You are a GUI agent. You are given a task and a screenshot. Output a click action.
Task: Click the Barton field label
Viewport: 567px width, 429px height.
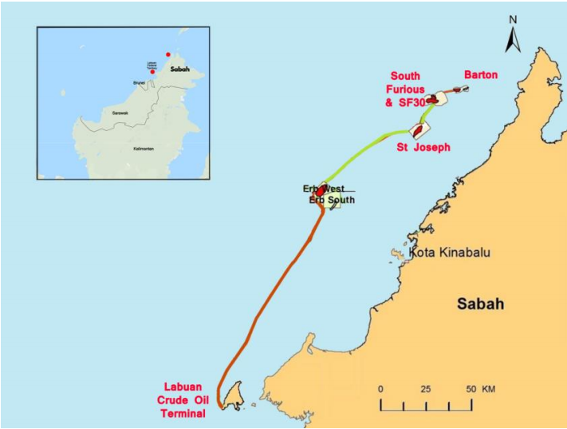point(481,75)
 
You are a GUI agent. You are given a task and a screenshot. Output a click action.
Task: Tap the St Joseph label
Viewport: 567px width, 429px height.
point(423,147)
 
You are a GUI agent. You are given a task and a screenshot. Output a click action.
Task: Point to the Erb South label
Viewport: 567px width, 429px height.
point(332,200)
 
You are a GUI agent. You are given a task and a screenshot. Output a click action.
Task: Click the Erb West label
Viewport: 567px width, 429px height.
point(321,189)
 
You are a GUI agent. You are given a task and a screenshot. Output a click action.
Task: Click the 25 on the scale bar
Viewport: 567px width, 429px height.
point(425,388)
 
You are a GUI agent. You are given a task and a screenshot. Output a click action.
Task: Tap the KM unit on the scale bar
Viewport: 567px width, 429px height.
point(488,388)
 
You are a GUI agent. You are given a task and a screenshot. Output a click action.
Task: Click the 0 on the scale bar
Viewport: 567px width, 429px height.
point(381,388)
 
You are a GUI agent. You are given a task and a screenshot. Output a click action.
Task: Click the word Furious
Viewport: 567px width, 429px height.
point(407,89)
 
